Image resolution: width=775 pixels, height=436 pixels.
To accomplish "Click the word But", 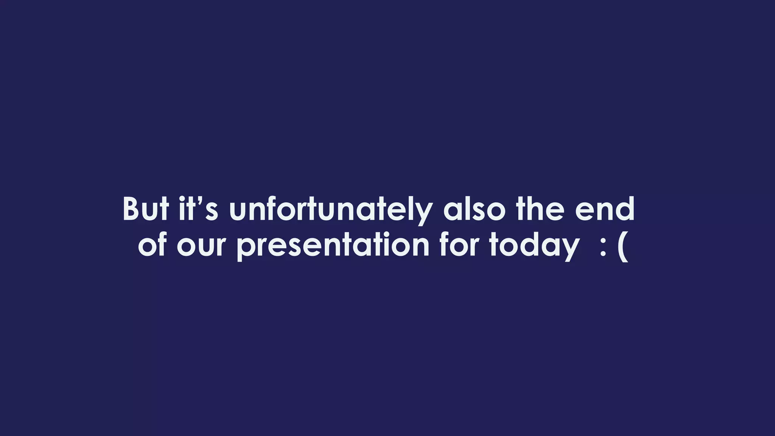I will coord(146,209).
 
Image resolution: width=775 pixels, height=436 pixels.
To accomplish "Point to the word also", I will coord(474,209).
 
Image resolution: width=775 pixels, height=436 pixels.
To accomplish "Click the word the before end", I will coord(540,209).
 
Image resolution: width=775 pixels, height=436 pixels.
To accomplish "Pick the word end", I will coord(604,209).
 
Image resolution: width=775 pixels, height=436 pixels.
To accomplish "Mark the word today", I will coord(534,246).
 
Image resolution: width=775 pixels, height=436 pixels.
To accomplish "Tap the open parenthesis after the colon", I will coord(623,248).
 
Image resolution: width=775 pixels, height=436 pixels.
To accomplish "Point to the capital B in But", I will coord(131,209).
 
